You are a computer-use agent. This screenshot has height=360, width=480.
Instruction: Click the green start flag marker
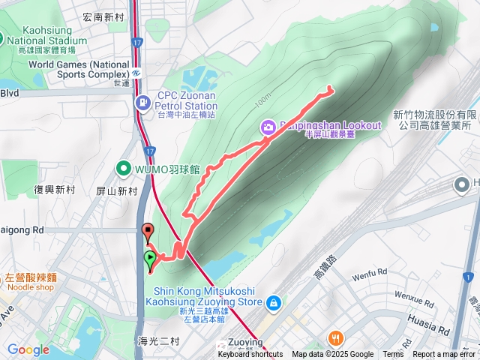[150, 259]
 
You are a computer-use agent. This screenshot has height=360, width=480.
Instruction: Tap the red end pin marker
[148, 231]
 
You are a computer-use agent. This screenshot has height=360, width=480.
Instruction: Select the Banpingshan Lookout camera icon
[266, 127]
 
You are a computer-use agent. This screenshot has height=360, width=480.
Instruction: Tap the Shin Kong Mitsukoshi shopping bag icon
[274, 302]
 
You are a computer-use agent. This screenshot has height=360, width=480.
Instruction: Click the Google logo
[28, 349]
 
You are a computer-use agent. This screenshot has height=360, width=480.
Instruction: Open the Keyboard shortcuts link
[250, 355]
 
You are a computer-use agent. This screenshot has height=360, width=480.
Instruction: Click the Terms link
[393, 355]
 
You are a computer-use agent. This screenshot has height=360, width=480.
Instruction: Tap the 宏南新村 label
[104, 16]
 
